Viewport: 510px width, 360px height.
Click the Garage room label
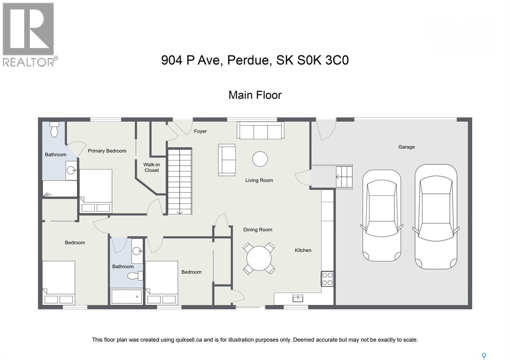[x=406, y=147]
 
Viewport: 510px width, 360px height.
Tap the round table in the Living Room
[x=260, y=159]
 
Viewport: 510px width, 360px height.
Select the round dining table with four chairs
[x=259, y=258]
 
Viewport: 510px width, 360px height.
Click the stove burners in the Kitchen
[x=327, y=279]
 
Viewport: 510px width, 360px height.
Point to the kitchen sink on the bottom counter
[x=298, y=298]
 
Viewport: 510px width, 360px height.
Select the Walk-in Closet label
[x=151, y=167]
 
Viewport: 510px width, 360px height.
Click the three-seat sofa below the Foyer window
[x=260, y=131]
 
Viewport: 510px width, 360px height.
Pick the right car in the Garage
[x=436, y=217]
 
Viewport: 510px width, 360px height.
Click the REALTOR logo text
[x=29, y=61]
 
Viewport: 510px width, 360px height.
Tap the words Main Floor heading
[x=255, y=95]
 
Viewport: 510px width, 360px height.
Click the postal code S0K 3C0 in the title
[x=323, y=60]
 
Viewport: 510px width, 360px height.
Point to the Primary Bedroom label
[x=107, y=151]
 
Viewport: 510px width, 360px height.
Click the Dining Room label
[x=258, y=229]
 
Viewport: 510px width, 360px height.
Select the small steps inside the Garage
[x=344, y=177]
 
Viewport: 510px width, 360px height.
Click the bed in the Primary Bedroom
[x=96, y=191]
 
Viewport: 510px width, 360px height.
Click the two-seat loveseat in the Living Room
[x=227, y=160]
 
